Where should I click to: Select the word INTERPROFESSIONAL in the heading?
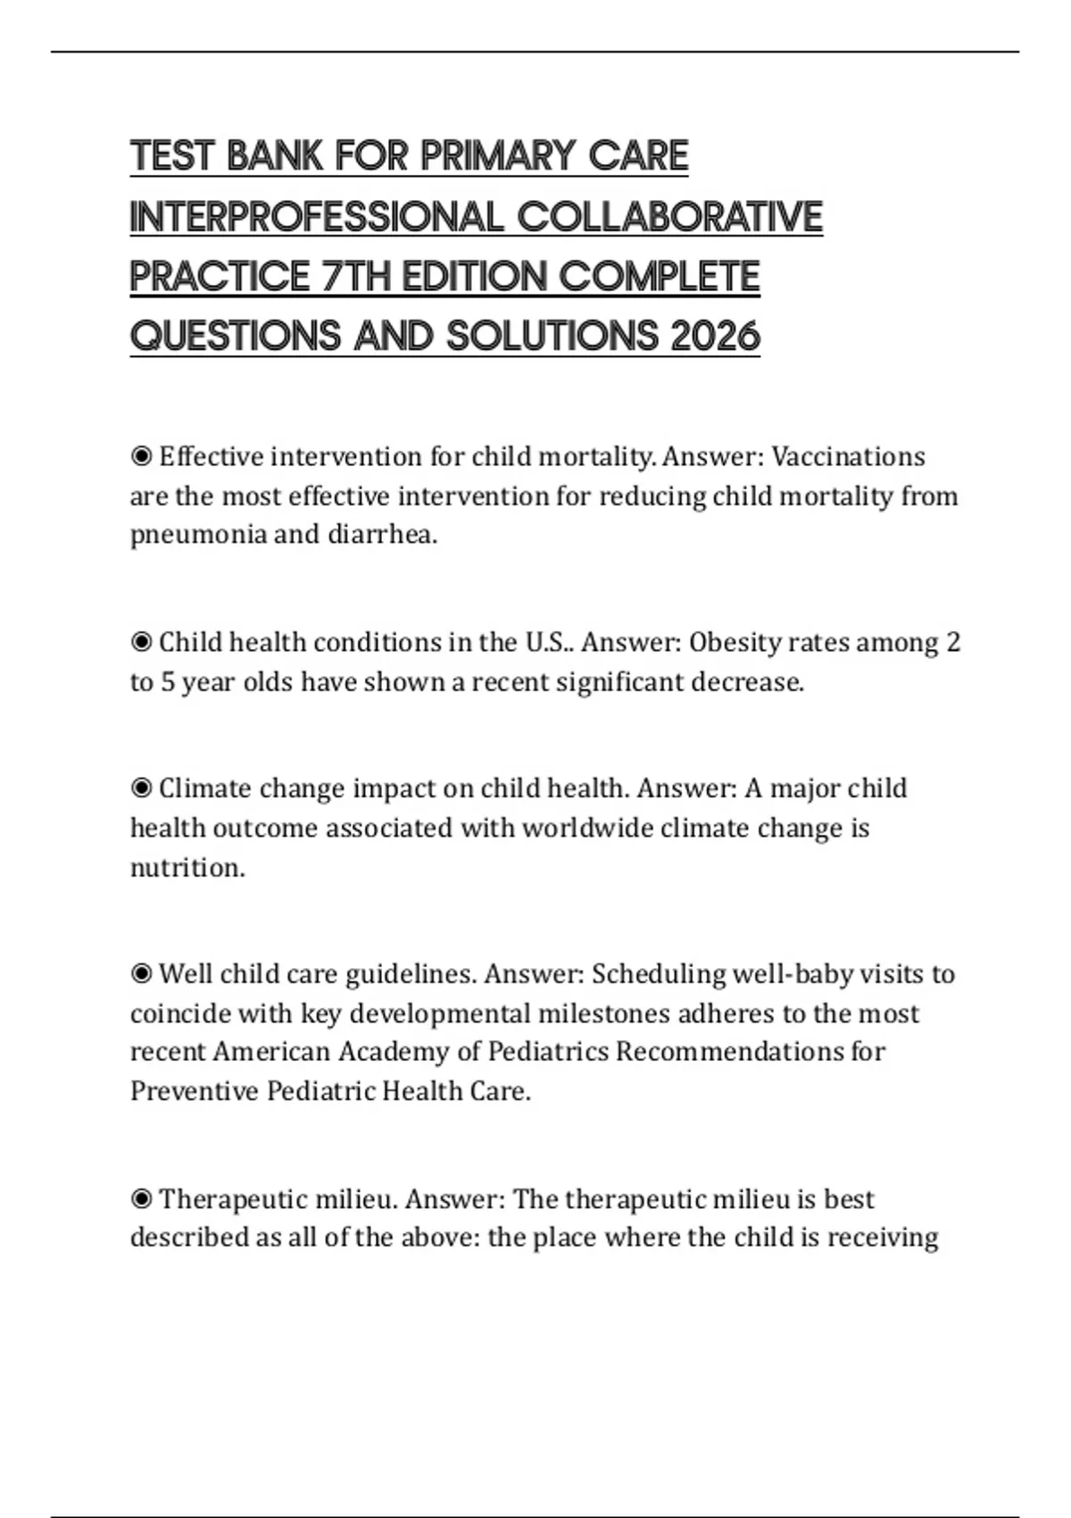click(x=317, y=217)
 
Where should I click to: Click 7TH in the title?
click(x=355, y=277)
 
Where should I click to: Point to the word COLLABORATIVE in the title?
click(x=669, y=217)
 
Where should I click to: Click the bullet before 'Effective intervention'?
click(x=141, y=456)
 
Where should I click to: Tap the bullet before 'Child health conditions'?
click(x=141, y=642)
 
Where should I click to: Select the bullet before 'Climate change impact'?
click(x=141, y=788)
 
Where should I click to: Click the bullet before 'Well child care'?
click(x=141, y=973)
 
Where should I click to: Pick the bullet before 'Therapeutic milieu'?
click(x=141, y=1198)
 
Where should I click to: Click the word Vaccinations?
click(x=848, y=456)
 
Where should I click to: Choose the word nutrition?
click(x=187, y=867)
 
